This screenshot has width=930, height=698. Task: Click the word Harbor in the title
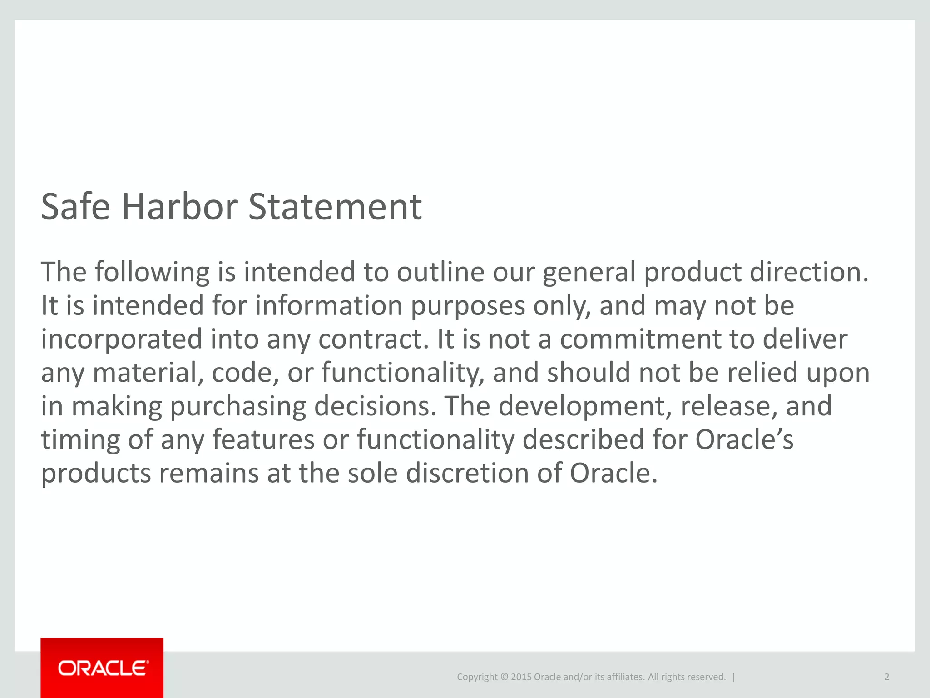[x=179, y=207]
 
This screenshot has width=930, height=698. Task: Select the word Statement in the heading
[x=335, y=207]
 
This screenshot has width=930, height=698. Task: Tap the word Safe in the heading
[x=75, y=207]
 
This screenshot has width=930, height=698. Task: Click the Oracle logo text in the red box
[x=103, y=668]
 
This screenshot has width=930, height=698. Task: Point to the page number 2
[x=886, y=677]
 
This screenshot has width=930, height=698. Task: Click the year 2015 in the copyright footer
[x=521, y=677]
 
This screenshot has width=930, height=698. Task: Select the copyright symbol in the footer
[x=504, y=677]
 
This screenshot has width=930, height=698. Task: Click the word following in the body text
[x=152, y=273]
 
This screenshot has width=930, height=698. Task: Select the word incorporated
[x=121, y=340]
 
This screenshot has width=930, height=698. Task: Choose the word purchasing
[x=238, y=407]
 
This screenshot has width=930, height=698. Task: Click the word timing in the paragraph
[x=80, y=440]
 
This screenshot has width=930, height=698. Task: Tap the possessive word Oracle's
[x=745, y=439]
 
